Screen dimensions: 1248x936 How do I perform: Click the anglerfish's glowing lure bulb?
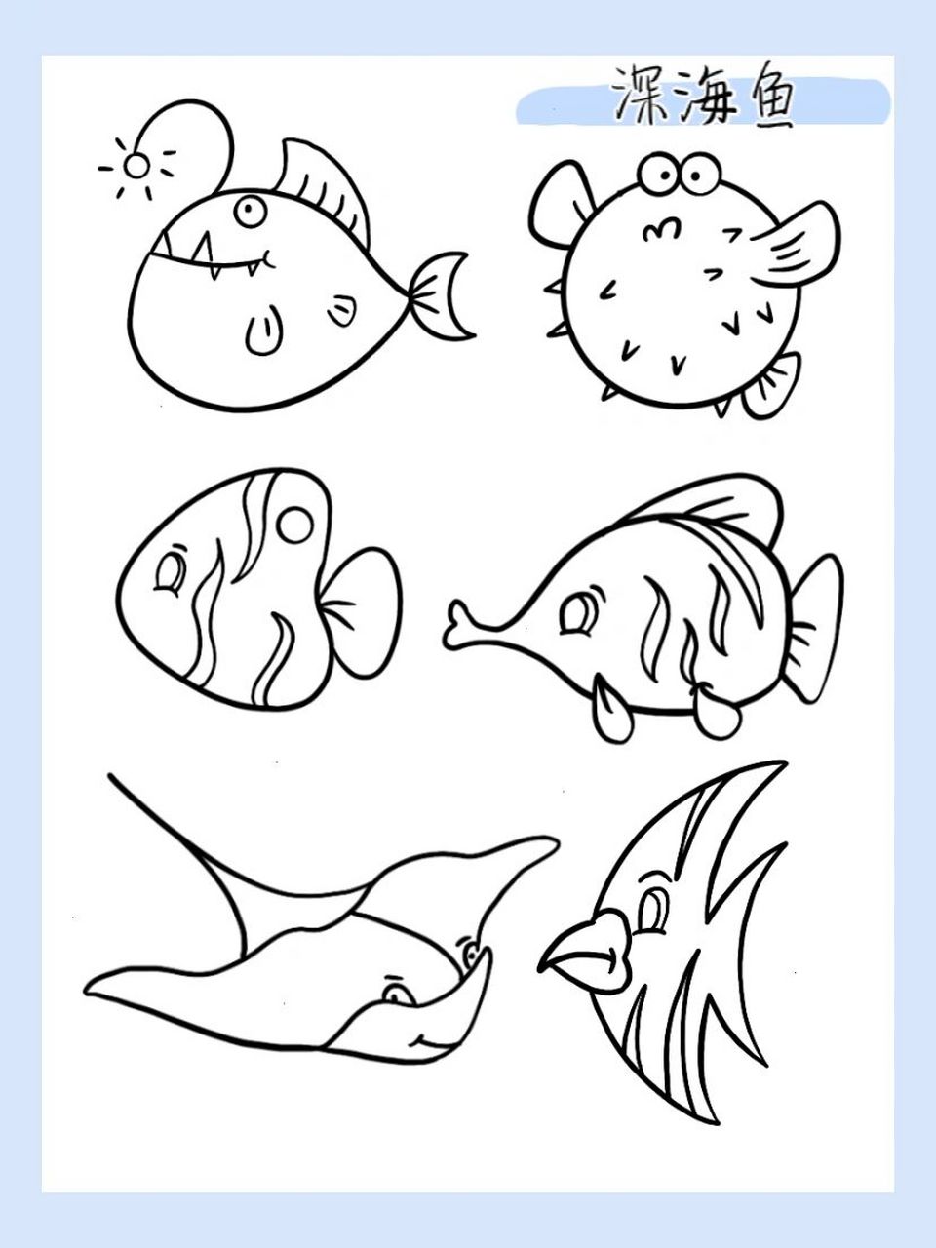(137, 166)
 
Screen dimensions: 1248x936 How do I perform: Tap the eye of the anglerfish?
(250, 211)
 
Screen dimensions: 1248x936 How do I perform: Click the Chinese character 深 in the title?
(640, 96)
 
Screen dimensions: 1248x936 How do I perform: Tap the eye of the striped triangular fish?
(172, 574)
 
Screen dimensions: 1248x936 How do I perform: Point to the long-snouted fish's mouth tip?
(456, 625)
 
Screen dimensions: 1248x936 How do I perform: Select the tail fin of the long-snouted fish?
(811, 624)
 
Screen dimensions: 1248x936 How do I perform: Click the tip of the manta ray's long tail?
(113, 777)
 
